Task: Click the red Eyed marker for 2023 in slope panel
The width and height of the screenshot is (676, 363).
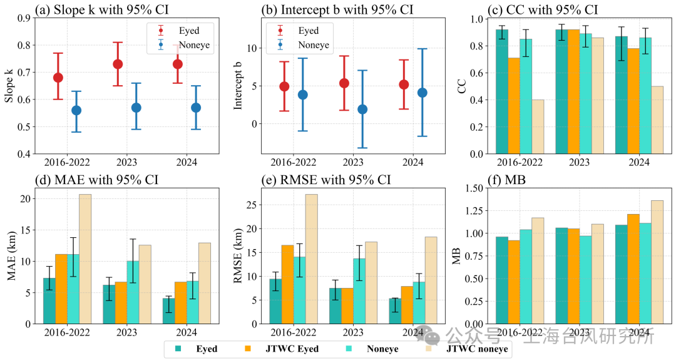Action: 118,64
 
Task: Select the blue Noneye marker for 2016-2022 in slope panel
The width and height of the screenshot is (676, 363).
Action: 76,110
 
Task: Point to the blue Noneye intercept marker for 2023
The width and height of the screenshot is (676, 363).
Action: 362,110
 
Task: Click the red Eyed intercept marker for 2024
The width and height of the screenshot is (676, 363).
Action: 403,84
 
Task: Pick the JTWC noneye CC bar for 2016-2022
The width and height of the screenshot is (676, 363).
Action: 538,126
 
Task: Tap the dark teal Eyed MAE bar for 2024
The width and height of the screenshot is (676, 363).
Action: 168,310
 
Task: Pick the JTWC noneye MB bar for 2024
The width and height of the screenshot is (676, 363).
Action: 657,262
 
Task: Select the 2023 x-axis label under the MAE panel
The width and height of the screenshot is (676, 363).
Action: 127,332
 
